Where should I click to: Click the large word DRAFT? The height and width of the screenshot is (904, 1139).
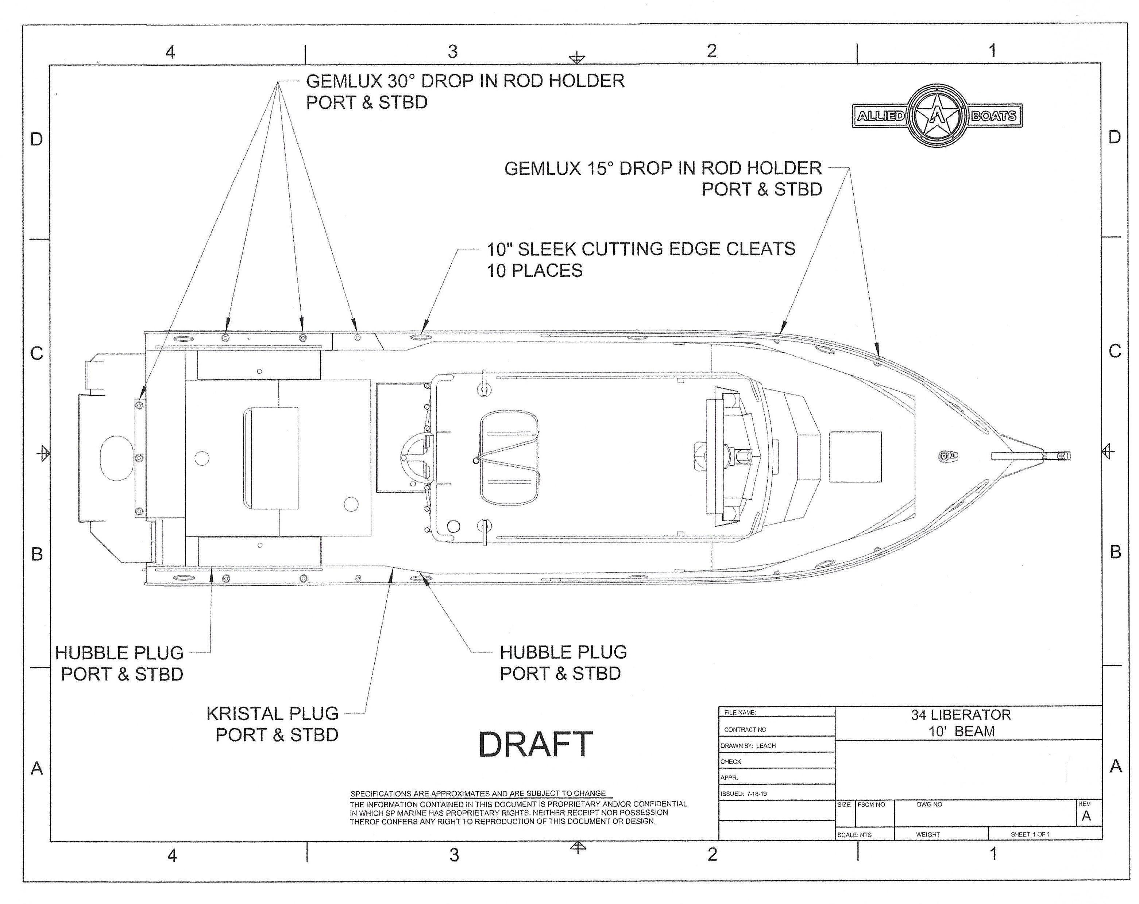click(535, 745)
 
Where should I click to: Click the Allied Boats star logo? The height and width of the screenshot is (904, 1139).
click(937, 115)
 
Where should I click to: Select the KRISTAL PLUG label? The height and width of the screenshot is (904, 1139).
click(273, 724)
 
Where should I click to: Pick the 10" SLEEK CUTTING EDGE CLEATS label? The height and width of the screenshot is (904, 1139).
click(641, 259)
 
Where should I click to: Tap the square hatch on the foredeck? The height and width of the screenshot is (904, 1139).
click(855, 457)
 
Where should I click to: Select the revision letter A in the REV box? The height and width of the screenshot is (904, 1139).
click(1086, 816)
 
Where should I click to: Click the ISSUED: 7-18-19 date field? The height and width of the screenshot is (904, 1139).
click(744, 794)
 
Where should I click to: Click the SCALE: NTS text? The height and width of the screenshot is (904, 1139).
click(854, 835)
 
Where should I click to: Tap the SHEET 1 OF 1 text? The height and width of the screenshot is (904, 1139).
click(1030, 834)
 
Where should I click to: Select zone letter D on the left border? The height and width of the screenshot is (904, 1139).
click(36, 139)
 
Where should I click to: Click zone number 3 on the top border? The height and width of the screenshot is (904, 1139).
click(453, 52)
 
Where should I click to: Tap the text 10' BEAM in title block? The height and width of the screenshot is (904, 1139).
click(962, 731)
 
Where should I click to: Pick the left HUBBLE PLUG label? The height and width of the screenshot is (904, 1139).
click(120, 663)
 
